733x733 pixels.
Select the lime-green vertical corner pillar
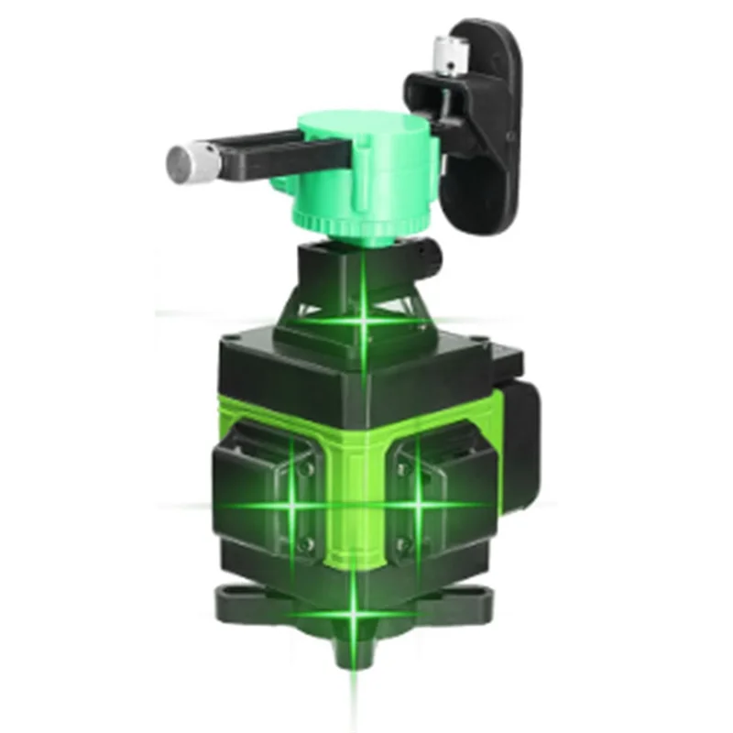pyautogui.click(x=353, y=495)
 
